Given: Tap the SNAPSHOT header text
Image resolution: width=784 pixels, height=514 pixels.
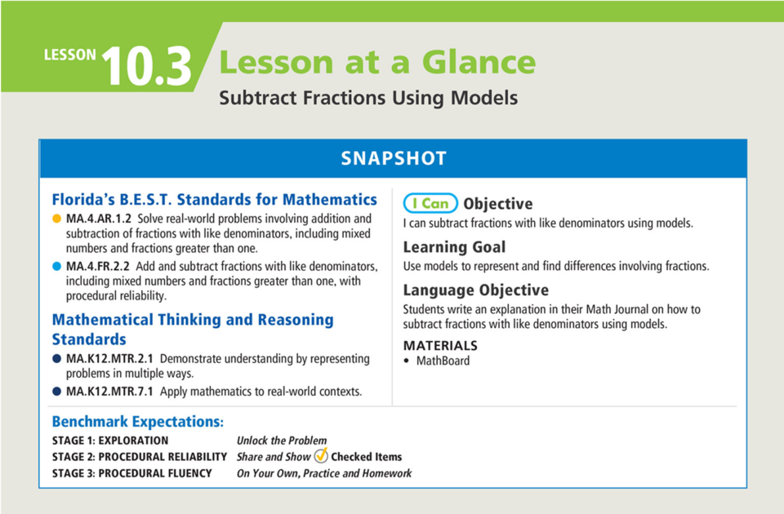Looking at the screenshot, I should pyautogui.click(x=394, y=158).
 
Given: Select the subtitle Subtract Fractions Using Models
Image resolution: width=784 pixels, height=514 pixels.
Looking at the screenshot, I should pyautogui.click(x=368, y=98).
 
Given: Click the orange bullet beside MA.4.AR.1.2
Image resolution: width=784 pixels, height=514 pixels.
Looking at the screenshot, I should pyautogui.click(x=56, y=219).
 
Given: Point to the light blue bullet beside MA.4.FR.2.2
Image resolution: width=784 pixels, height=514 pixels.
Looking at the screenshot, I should pyautogui.click(x=56, y=267).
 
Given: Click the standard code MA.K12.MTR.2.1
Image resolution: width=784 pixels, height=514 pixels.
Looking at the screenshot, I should pyautogui.click(x=109, y=359).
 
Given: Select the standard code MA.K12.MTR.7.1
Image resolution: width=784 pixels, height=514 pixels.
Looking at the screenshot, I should pyautogui.click(x=109, y=392).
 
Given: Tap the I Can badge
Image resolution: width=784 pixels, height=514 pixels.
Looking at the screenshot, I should pyautogui.click(x=430, y=204).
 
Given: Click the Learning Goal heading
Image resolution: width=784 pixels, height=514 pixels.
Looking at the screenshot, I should pyautogui.click(x=454, y=247).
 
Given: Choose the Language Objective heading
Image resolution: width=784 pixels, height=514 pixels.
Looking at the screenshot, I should pyautogui.click(x=475, y=290).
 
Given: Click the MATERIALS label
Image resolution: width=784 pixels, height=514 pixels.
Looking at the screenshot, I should pyautogui.click(x=440, y=345).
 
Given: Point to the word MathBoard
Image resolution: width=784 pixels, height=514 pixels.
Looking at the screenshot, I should pyautogui.click(x=443, y=361).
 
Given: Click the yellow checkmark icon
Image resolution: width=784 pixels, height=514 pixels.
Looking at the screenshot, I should pyautogui.click(x=321, y=456).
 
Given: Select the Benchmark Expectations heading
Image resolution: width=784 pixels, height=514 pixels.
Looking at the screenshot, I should pyautogui.click(x=137, y=422).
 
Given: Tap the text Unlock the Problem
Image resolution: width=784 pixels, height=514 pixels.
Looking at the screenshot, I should pyautogui.click(x=281, y=441).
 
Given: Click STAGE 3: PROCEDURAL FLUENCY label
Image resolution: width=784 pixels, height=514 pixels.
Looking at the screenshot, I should pyautogui.click(x=131, y=473).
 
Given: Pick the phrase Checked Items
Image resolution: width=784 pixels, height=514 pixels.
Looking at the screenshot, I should pyautogui.click(x=366, y=457).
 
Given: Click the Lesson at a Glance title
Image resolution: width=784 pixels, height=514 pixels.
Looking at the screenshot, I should pyautogui.click(x=377, y=62).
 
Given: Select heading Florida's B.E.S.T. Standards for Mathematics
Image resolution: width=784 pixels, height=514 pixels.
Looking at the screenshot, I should pyautogui.click(x=214, y=200).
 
